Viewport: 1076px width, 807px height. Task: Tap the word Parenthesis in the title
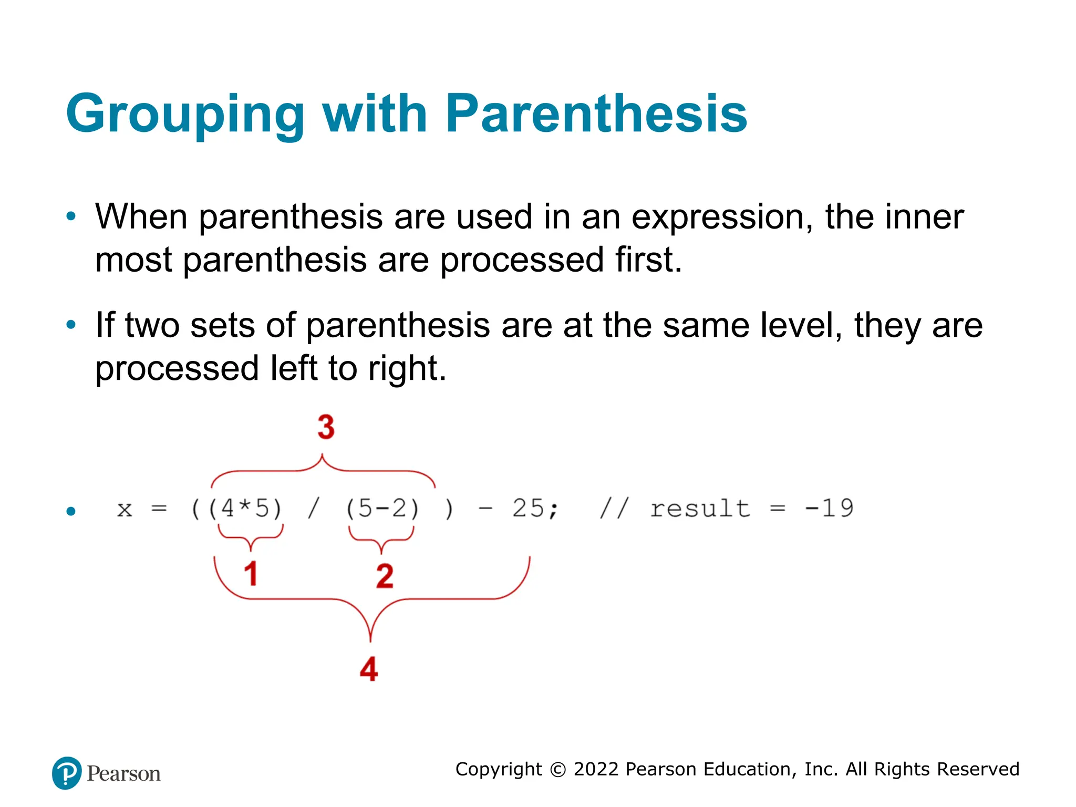pyautogui.click(x=596, y=113)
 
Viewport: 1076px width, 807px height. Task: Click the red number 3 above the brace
pyautogui.click(x=326, y=427)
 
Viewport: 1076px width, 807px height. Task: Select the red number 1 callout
pyautogui.click(x=251, y=573)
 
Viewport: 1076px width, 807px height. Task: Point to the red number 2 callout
pyautogui.click(x=385, y=576)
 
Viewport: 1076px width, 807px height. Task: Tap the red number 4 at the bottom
pyautogui.click(x=369, y=669)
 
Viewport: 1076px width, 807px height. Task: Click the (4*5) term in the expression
pyautogui.click(x=245, y=509)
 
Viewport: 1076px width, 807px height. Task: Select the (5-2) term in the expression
pyautogui.click(x=382, y=509)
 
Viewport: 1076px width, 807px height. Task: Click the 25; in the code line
pyautogui.click(x=535, y=509)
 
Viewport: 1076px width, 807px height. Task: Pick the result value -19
pyautogui.click(x=829, y=508)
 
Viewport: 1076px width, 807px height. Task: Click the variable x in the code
pyautogui.click(x=125, y=510)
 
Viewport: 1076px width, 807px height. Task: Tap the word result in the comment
pyautogui.click(x=700, y=509)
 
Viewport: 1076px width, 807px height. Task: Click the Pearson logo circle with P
pyautogui.click(x=67, y=773)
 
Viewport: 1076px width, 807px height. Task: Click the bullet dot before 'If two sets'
pyautogui.click(x=71, y=325)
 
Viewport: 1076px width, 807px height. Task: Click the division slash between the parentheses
pyautogui.click(x=313, y=509)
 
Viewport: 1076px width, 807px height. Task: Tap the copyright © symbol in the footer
pyautogui.click(x=558, y=770)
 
